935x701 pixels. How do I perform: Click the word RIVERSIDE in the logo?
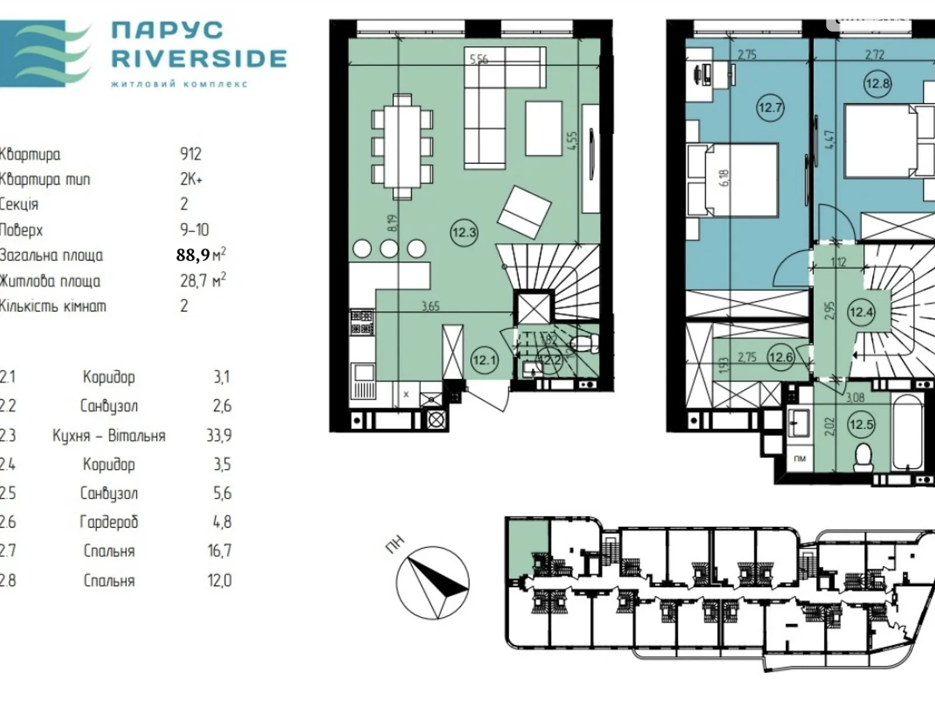pos(199,58)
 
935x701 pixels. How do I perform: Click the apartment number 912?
pos(191,154)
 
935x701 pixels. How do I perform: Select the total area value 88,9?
pos(193,255)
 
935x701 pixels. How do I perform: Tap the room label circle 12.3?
pos(464,232)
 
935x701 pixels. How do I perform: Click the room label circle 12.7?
pos(770,107)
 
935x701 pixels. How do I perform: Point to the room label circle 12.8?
pos(877,84)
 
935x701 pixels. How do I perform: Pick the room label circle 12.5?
pos(861,424)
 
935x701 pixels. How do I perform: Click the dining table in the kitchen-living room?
pos(402,146)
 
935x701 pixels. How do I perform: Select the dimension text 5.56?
pos(479,59)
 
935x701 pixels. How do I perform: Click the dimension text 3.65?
pos(430,306)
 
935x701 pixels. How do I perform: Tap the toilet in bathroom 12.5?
pos(863,457)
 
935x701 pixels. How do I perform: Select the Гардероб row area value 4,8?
pos(222,522)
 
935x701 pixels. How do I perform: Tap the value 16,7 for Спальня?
pos(219,551)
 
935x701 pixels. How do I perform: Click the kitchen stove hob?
pos(362,322)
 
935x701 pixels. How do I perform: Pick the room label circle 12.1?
pos(484,360)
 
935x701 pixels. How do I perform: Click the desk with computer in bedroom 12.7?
pos(701,75)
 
